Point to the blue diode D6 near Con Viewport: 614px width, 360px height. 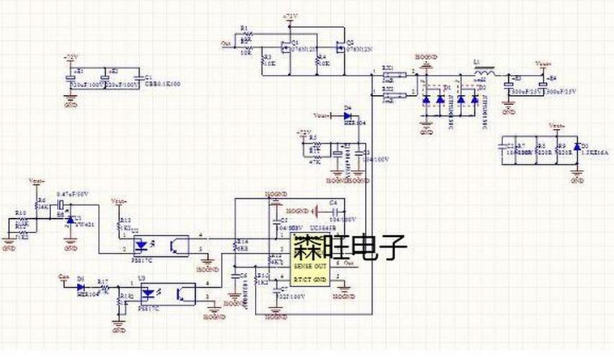click(81, 287)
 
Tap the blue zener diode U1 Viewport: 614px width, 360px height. click(70, 219)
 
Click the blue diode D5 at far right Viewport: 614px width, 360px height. click(576, 148)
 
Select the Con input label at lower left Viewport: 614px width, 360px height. click(62, 276)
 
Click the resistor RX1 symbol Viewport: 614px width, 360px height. click(389, 75)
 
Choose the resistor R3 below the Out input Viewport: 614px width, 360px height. click(263, 61)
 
